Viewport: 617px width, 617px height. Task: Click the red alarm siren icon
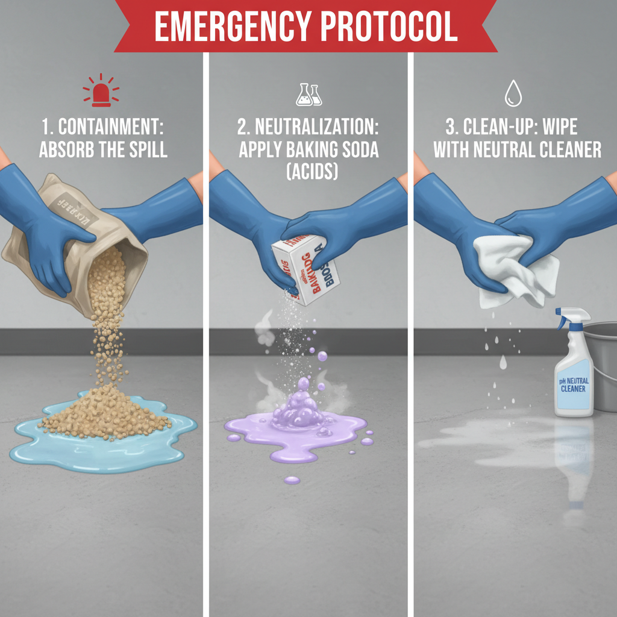point(100,91)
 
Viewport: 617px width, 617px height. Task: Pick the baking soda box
point(306,270)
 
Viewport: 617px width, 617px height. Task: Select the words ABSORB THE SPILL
point(102,149)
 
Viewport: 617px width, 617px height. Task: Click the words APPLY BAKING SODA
point(308,149)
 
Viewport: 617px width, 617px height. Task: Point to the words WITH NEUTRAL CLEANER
point(517,149)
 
